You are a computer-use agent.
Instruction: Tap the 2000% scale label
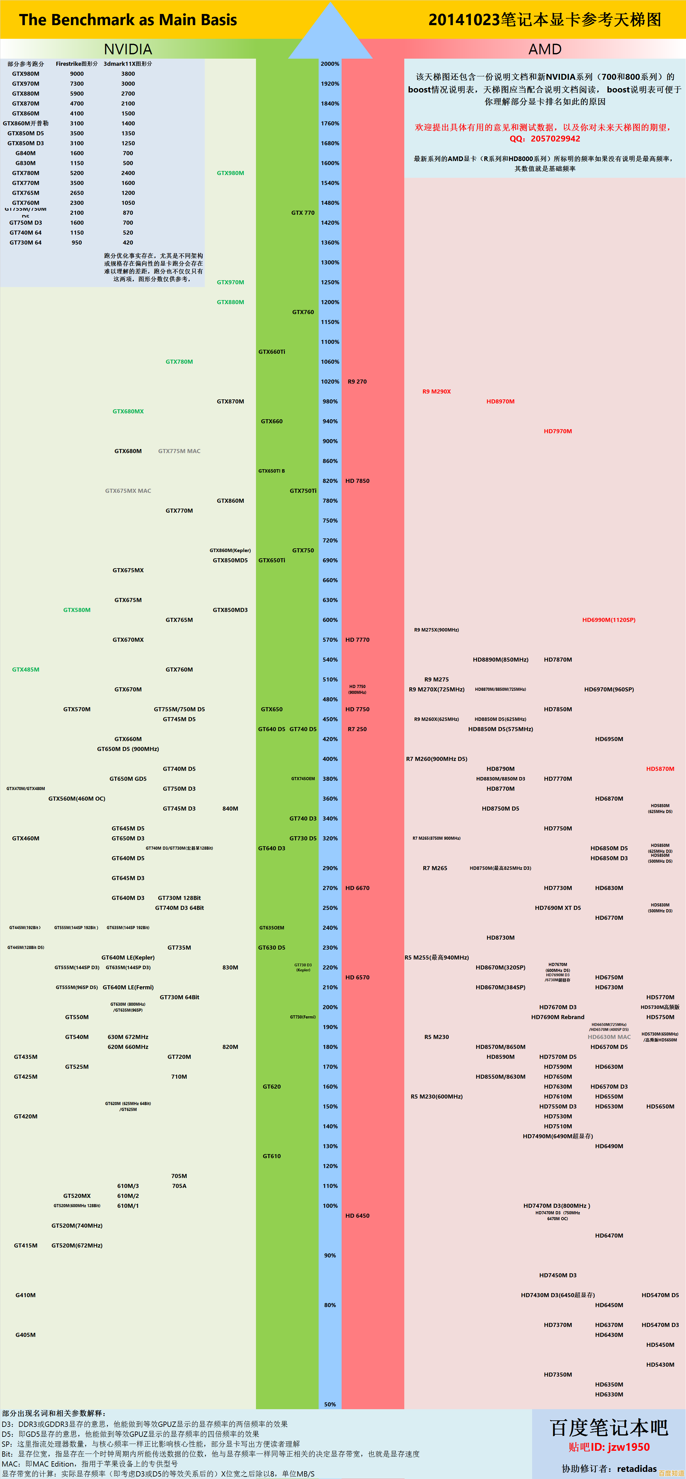pos(330,64)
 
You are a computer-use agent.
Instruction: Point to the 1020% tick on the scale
pos(330,381)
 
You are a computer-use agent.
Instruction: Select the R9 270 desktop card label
pos(357,381)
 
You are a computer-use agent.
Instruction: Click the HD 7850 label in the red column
pos(357,481)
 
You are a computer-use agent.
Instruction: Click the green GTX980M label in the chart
pos(230,173)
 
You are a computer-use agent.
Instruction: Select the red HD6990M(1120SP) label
pos(608,619)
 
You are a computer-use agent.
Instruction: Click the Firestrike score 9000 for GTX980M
pos(77,74)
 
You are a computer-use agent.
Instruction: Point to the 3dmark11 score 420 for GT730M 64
pos(128,242)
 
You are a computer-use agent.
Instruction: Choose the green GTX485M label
pos(26,669)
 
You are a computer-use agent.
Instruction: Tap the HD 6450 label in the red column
pos(357,1216)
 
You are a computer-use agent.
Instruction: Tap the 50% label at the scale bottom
pos(330,1404)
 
